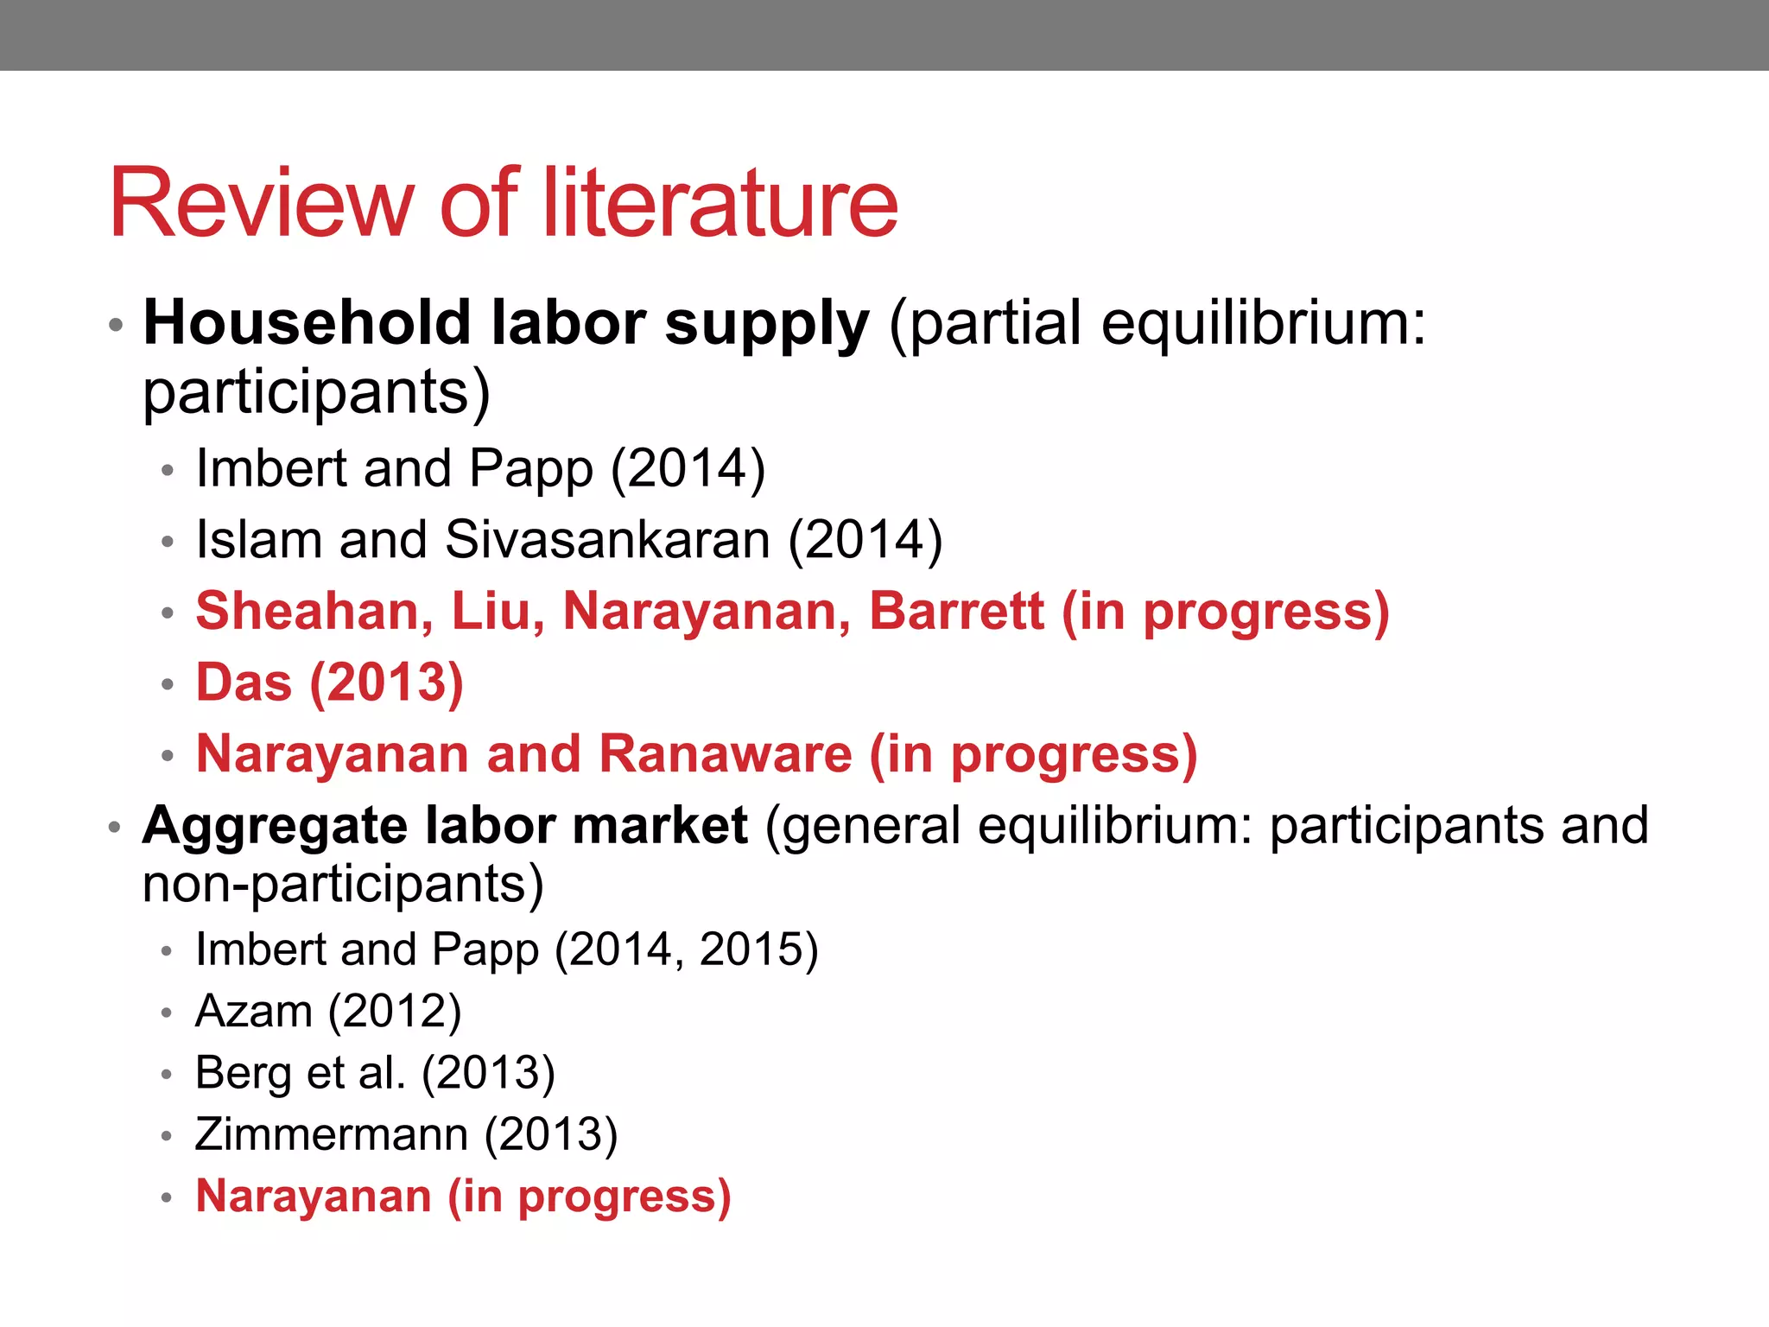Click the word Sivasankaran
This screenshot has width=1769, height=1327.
(x=607, y=540)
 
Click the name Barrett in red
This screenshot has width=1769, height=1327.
(x=956, y=612)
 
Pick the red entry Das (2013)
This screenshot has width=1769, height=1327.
(x=329, y=683)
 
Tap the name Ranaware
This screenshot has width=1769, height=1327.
(x=726, y=754)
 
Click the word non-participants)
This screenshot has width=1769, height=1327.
(x=343, y=885)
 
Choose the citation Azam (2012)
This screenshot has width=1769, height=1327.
(x=328, y=1011)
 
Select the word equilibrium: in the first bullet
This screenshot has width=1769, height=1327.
(x=1263, y=323)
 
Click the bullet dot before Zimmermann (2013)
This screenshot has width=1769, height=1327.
(x=168, y=1136)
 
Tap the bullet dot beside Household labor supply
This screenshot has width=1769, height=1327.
(x=116, y=326)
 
